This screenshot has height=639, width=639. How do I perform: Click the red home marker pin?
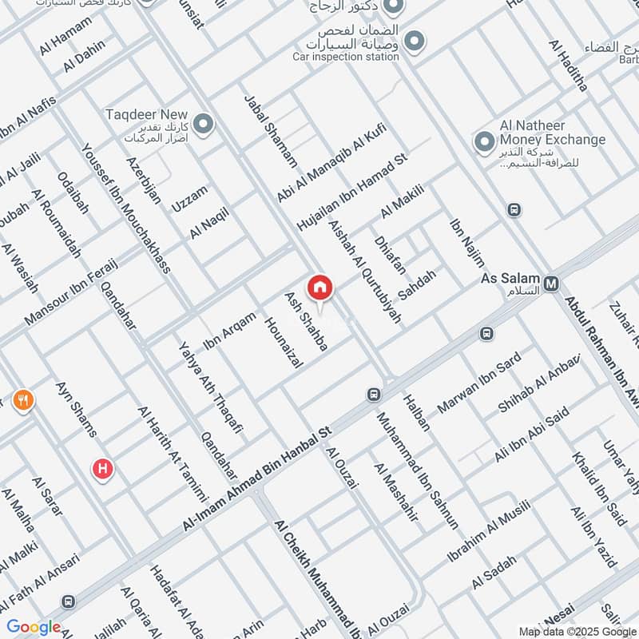(x=319, y=288)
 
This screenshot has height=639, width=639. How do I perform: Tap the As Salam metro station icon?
(x=551, y=283)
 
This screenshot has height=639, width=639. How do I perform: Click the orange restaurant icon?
(x=24, y=401)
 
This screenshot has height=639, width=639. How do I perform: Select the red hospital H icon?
(x=102, y=469)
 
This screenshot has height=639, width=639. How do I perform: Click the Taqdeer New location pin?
(x=204, y=124)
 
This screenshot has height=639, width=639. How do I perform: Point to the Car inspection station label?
(x=345, y=57)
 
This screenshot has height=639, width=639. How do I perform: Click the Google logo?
(x=34, y=627)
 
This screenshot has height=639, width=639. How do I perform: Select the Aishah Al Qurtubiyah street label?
(x=364, y=272)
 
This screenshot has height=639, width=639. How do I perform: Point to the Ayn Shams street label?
(x=76, y=409)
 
